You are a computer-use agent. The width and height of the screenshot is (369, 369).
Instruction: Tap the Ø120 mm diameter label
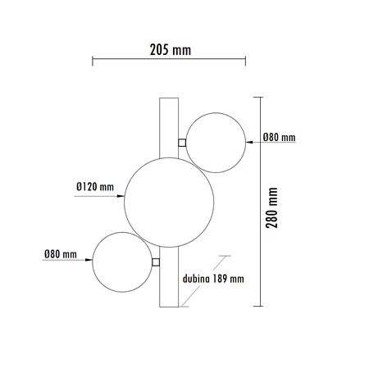[x=92, y=187]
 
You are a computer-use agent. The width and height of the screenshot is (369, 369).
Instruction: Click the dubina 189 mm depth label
[x=214, y=278]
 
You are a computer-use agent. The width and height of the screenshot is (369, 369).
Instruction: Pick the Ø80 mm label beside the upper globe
[x=280, y=138]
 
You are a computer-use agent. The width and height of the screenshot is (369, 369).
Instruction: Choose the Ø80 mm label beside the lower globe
[x=59, y=254]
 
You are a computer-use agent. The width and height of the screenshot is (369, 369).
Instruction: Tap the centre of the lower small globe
[x=122, y=262]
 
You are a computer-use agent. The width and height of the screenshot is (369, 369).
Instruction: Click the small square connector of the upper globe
[x=182, y=143]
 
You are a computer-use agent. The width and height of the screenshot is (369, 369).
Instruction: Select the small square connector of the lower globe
[x=156, y=262]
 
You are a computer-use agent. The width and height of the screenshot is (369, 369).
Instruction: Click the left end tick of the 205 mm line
[x=92, y=60]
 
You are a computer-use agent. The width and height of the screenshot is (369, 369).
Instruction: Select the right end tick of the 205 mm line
[x=244, y=60]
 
